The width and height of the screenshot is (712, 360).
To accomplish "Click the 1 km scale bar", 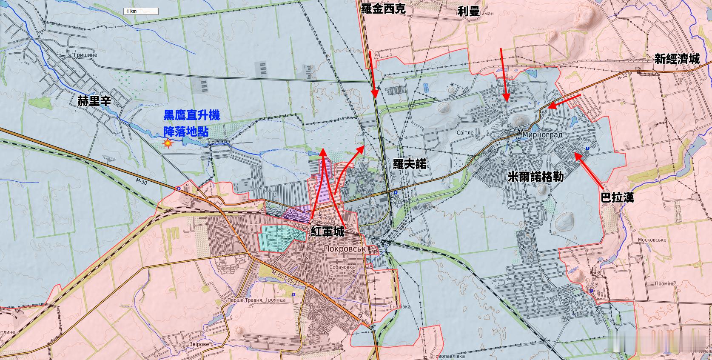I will tap(141, 11).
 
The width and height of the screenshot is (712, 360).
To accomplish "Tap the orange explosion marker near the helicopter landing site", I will tap(168, 144).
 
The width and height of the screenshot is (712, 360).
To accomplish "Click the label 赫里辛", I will tap(94, 101).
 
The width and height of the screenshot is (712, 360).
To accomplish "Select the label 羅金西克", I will tap(383, 9).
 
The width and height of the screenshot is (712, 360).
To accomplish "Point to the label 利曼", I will tap(469, 11).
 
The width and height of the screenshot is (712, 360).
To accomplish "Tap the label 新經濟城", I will tap(677, 59).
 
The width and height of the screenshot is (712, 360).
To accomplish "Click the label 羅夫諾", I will tap(410, 164).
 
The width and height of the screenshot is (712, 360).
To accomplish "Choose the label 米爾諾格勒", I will tap(535, 177).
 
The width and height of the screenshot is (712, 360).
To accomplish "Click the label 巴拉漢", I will tap(617, 197).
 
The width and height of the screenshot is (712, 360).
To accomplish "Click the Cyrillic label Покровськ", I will tap(345, 249).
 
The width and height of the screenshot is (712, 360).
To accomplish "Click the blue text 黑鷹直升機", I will tap(191, 115).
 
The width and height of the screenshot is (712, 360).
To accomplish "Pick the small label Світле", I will tap(465, 132).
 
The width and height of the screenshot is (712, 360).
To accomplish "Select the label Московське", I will tap(652, 240).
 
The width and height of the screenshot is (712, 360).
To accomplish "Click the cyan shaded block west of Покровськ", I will tap(276, 237).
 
